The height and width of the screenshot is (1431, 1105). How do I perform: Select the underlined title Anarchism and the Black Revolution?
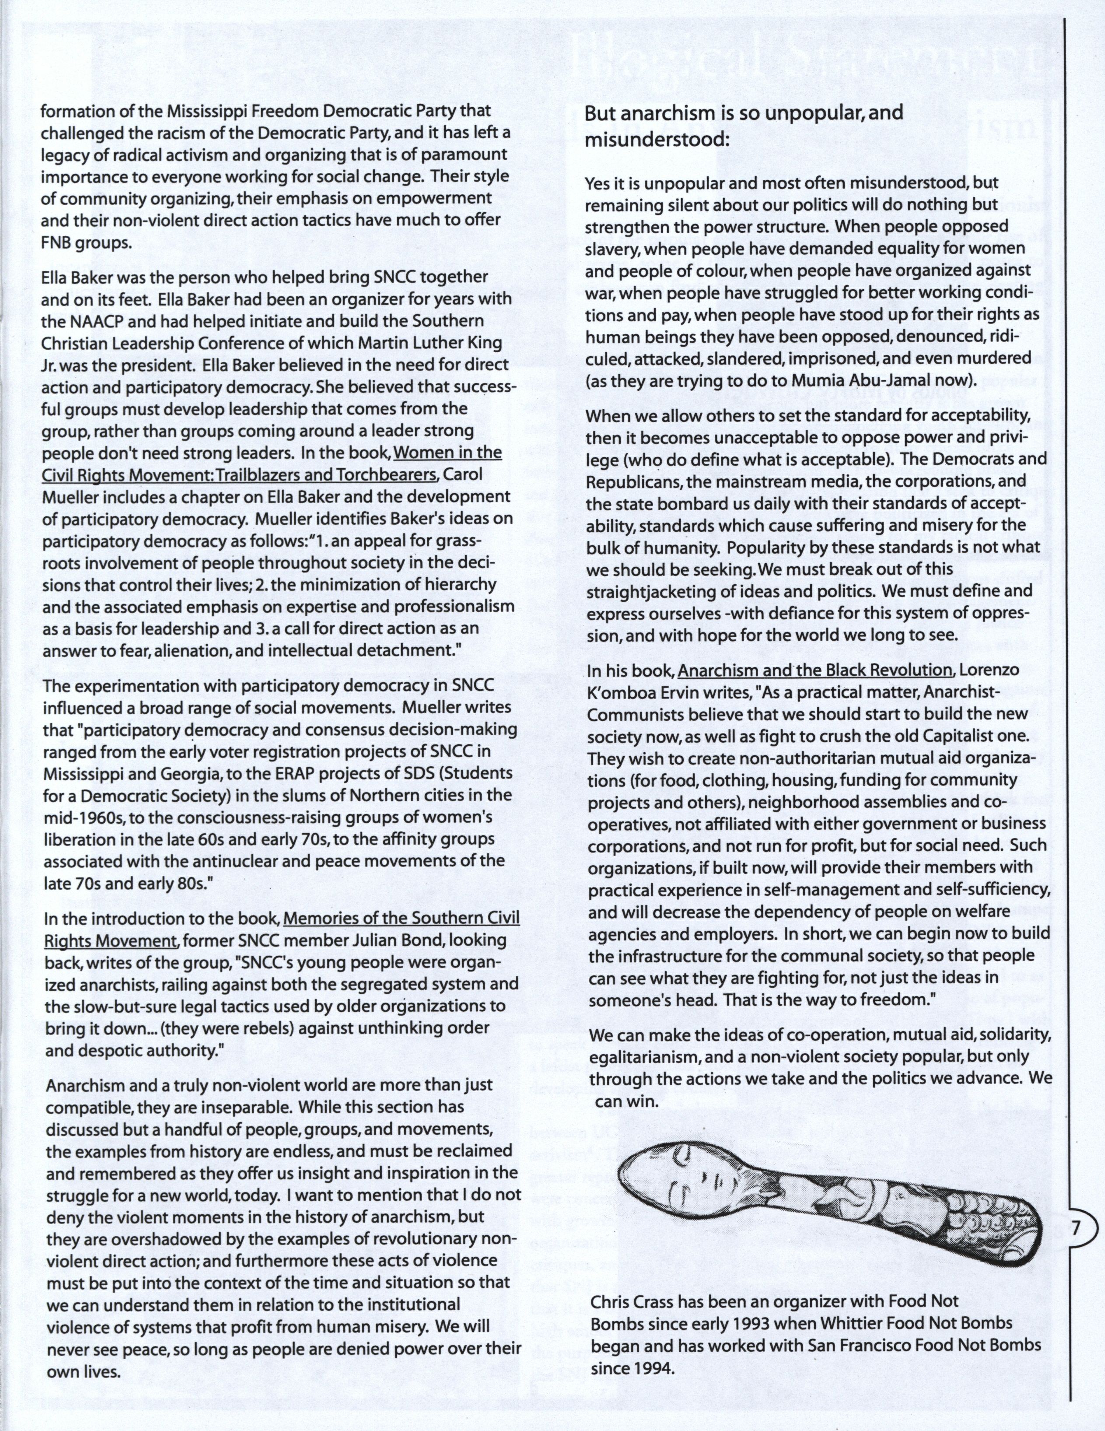pos(815,670)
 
